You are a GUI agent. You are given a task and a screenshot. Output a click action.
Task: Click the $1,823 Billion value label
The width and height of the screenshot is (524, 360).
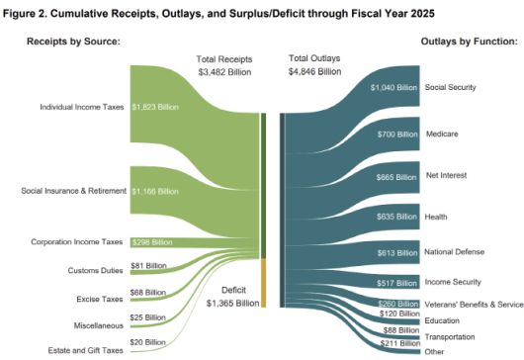154,107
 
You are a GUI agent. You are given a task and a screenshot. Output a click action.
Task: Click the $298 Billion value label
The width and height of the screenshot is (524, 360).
151,241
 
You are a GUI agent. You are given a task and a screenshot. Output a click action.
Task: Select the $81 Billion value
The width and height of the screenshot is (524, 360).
151,265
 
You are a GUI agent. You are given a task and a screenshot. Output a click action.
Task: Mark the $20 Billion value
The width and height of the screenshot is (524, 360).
151,341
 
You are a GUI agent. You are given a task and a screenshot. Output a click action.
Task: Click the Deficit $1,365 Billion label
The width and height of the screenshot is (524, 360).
233,296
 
